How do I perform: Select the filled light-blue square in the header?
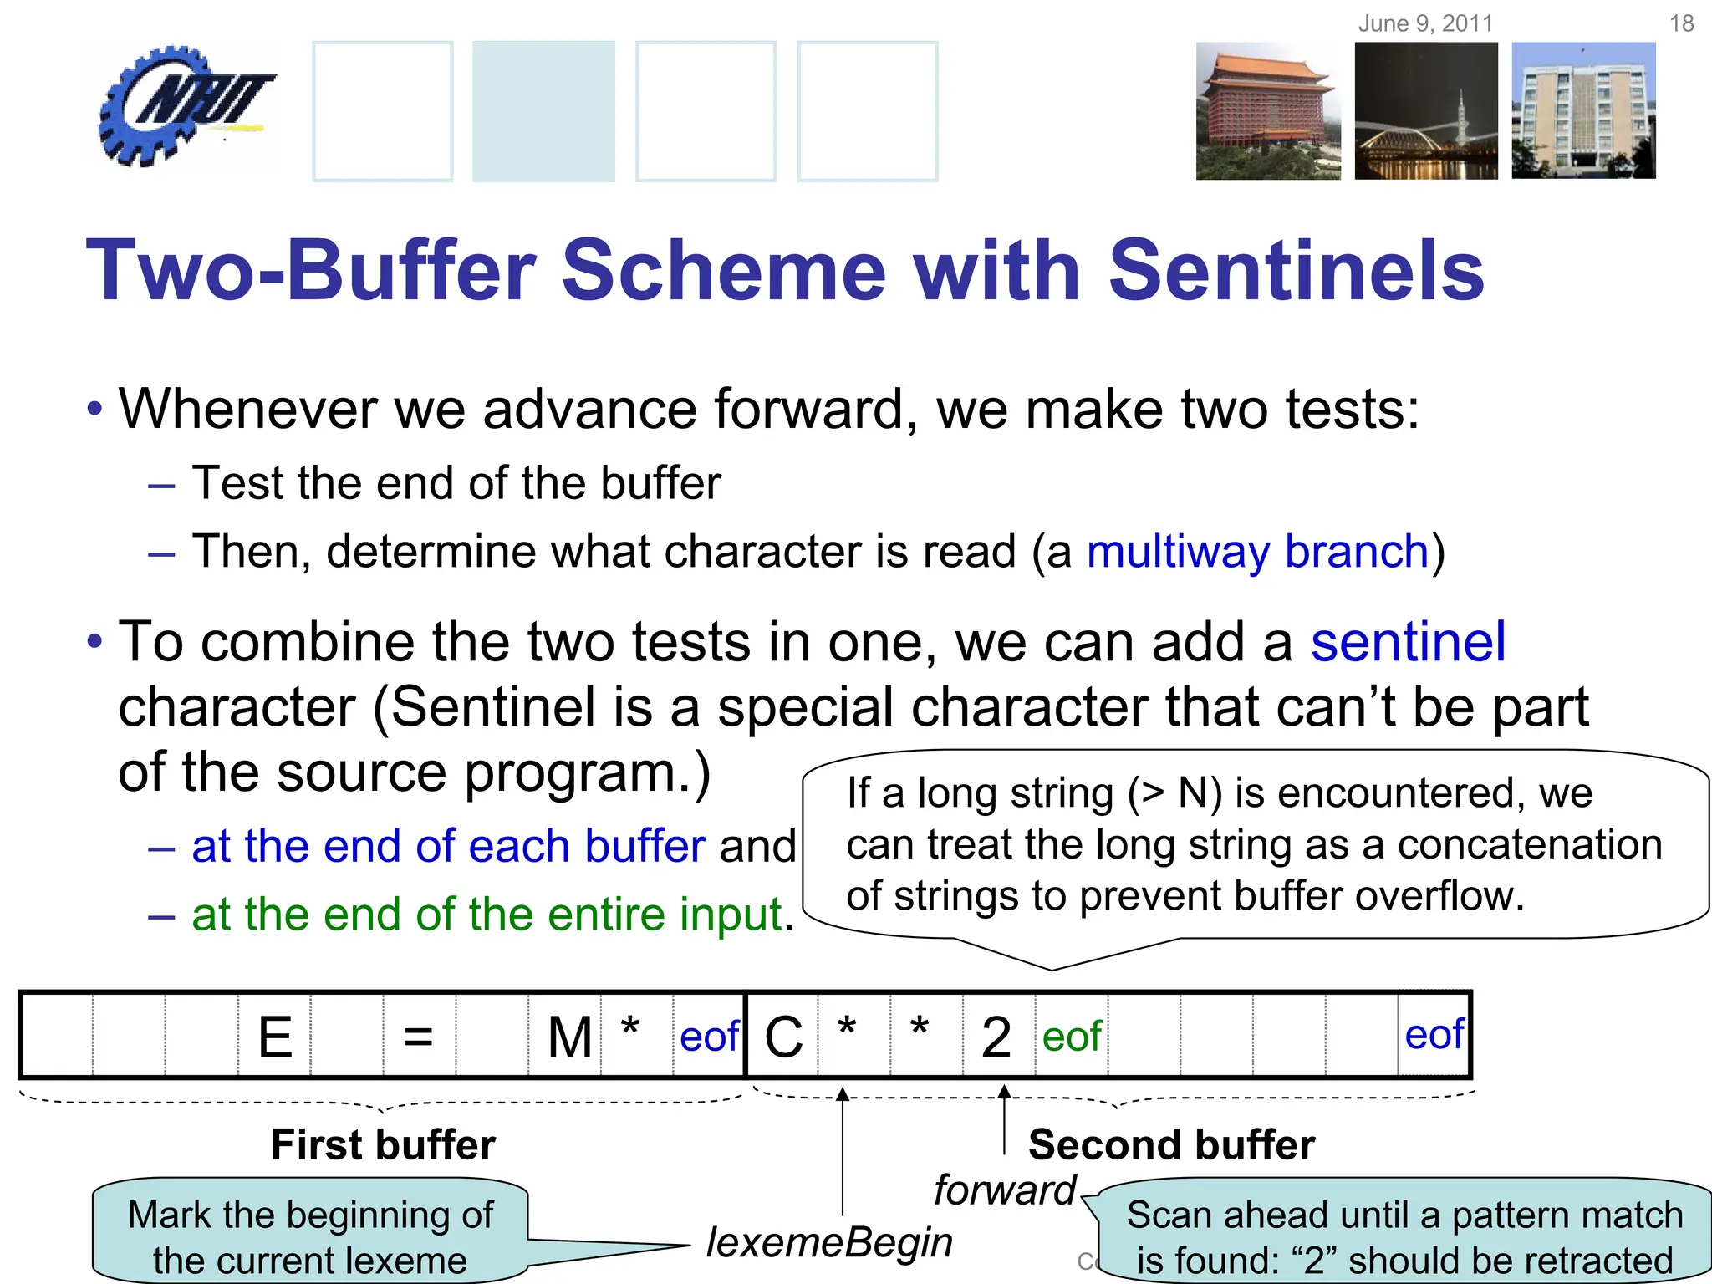(x=543, y=111)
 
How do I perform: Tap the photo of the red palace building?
(x=1267, y=111)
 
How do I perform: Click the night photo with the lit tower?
(x=1425, y=111)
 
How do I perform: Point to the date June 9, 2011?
(x=1424, y=23)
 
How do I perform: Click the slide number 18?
(x=1681, y=23)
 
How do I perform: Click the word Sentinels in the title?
(x=1296, y=271)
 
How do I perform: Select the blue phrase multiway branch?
(x=1257, y=552)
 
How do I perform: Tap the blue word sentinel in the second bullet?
(x=1408, y=642)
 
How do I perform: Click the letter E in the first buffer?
(x=275, y=1037)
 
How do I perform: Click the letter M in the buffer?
(x=569, y=1037)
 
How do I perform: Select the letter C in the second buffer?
(x=783, y=1037)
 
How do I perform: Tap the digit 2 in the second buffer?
(x=996, y=1037)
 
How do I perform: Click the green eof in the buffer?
(x=1072, y=1037)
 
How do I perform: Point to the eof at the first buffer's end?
(x=709, y=1037)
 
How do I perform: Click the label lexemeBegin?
(x=829, y=1242)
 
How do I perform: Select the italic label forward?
(x=1004, y=1190)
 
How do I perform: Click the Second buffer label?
(x=1171, y=1144)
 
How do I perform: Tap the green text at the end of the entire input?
(x=487, y=914)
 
